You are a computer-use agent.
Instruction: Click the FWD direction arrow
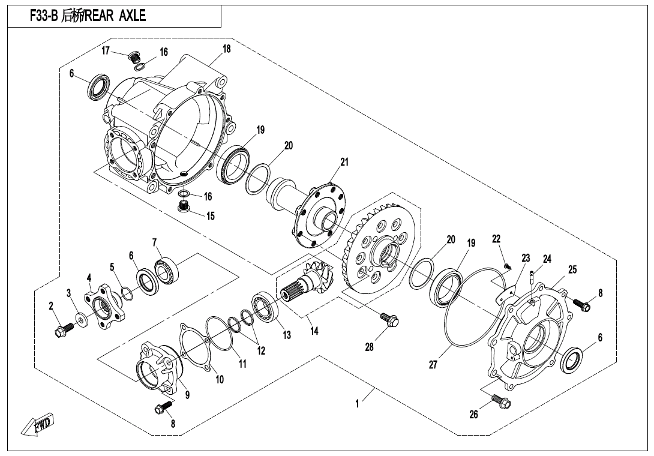[38, 424]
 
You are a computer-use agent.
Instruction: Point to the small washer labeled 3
[80, 317]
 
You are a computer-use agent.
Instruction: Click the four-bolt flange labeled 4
[107, 308]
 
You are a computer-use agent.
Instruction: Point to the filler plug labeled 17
[135, 58]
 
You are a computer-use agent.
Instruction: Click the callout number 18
[226, 49]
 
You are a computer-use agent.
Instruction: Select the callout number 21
[344, 162]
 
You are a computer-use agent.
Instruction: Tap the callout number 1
[357, 404]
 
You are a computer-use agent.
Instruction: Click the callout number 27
[433, 364]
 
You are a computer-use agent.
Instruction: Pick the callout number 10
[220, 379]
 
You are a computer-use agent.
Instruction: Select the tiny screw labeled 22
[507, 265]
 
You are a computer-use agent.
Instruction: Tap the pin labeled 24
[533, 277]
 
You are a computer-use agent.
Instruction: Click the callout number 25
[572, 269]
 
